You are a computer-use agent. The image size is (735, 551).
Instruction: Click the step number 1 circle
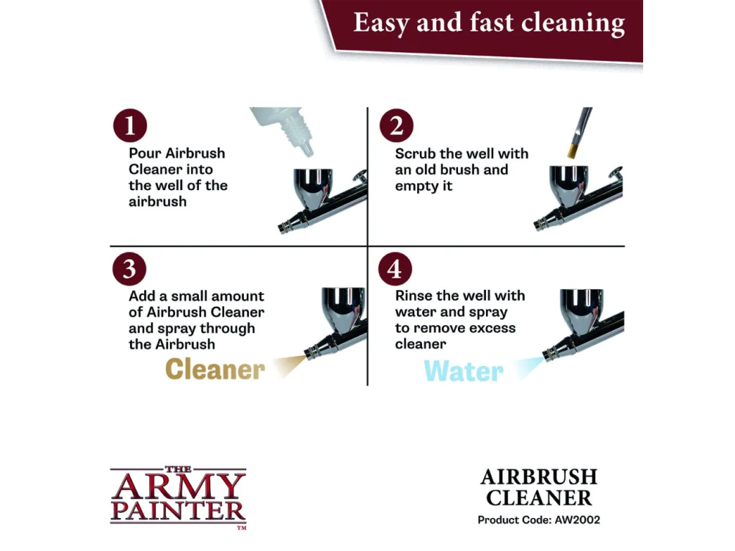point(130,126)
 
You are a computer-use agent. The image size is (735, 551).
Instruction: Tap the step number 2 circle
point(396,126)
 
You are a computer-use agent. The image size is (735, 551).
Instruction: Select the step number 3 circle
point(129,269)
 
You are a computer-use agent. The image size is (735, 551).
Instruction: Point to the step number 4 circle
point(395,269)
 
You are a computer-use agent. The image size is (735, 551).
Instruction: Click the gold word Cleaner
point(215,369)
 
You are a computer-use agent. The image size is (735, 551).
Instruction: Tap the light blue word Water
point(464,371)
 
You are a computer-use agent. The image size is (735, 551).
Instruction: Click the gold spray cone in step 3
point(290,365)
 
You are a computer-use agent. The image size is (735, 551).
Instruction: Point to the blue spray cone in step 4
point(529,367)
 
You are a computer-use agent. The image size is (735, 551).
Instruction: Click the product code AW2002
point(577,519)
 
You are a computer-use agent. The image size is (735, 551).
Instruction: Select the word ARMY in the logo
point(178,487)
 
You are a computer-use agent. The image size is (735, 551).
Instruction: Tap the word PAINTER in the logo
point(178,511)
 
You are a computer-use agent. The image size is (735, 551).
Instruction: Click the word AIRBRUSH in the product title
point(539,477)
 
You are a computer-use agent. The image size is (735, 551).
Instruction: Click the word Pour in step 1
point(144,154)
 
